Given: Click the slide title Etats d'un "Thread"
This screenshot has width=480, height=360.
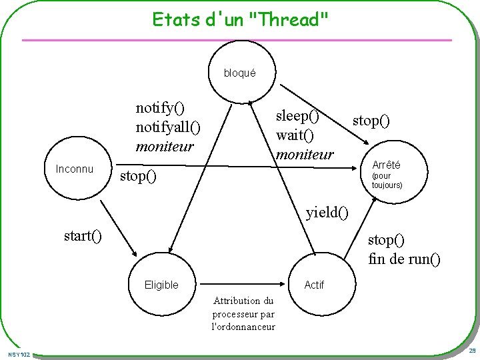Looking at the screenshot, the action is point(240,19).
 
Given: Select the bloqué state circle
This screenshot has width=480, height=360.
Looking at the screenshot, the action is point(239,73).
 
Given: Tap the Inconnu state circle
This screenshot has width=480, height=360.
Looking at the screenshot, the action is point(75,169).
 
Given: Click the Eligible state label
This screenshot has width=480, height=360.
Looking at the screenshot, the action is point(161,285).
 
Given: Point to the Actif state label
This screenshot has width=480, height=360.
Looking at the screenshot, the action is point(314,285).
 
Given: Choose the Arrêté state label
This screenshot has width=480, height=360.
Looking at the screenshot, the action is point(386,165).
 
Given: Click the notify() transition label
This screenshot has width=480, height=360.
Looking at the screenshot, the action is point(160,107).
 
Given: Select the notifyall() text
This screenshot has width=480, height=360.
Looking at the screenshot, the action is point(167,126).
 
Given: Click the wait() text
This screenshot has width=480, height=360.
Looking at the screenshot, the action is point(294,135).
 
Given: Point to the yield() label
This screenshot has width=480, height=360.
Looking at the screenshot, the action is point(327,213).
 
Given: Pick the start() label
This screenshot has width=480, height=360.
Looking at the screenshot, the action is point(83,236).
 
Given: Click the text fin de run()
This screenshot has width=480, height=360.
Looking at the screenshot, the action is point(404,259).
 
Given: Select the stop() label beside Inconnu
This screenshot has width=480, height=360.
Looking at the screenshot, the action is point(137,177).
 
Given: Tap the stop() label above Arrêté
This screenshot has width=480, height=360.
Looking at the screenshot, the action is point(371,121).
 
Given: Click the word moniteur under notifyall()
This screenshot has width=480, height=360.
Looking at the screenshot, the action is point(164,145).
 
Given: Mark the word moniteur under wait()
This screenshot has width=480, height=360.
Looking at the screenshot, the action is point(305,154).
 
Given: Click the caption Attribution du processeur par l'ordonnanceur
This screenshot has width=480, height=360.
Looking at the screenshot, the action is point(243,313).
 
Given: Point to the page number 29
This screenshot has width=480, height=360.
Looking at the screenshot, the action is point(471,351).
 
